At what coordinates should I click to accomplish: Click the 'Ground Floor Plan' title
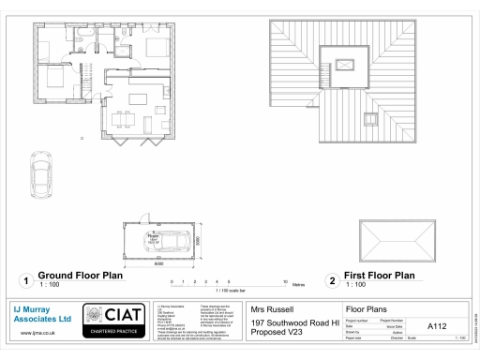tap(80, 276)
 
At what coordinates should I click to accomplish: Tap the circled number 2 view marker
tap(330, 279)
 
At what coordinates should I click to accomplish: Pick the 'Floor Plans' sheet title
tap(367, 308)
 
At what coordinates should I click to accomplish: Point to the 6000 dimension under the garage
tap(160, 263)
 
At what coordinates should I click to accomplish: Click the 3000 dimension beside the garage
tap(199, 240)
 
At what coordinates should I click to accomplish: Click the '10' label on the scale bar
tap(285, 280)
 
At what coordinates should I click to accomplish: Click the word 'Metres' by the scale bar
tap(299, 283)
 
